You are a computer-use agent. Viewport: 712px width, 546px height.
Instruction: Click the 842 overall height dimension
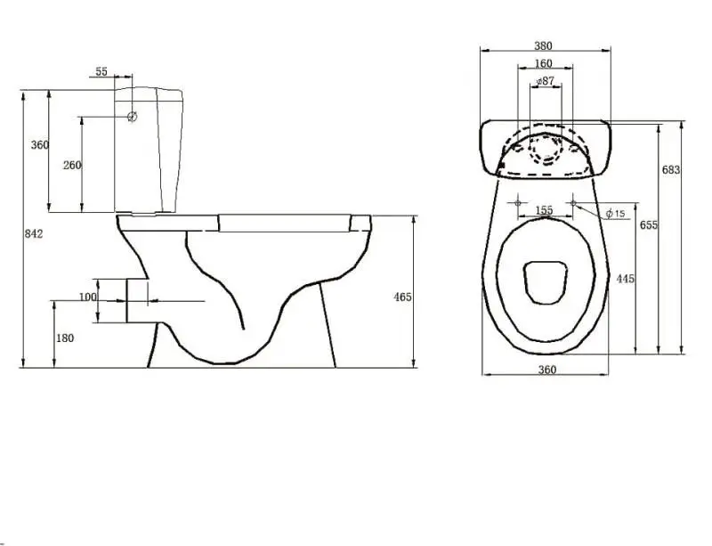34,233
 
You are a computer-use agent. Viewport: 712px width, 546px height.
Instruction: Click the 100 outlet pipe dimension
87,297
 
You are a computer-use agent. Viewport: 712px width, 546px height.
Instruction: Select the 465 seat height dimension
401,297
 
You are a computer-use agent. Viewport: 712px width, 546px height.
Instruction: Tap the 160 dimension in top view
543,63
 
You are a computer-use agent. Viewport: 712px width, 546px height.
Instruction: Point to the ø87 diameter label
545,81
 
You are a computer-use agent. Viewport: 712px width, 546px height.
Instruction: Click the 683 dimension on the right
671,169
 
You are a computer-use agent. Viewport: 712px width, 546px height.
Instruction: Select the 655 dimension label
649,225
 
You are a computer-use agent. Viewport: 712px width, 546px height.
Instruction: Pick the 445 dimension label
625,279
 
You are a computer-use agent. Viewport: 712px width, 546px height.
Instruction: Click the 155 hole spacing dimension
545,210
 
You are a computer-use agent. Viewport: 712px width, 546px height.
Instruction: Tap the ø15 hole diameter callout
615,213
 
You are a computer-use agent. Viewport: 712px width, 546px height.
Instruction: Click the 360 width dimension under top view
546,370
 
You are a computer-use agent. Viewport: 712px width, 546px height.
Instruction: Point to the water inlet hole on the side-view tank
132,117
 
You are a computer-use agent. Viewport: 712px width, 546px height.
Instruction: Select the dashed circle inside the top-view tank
545,149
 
